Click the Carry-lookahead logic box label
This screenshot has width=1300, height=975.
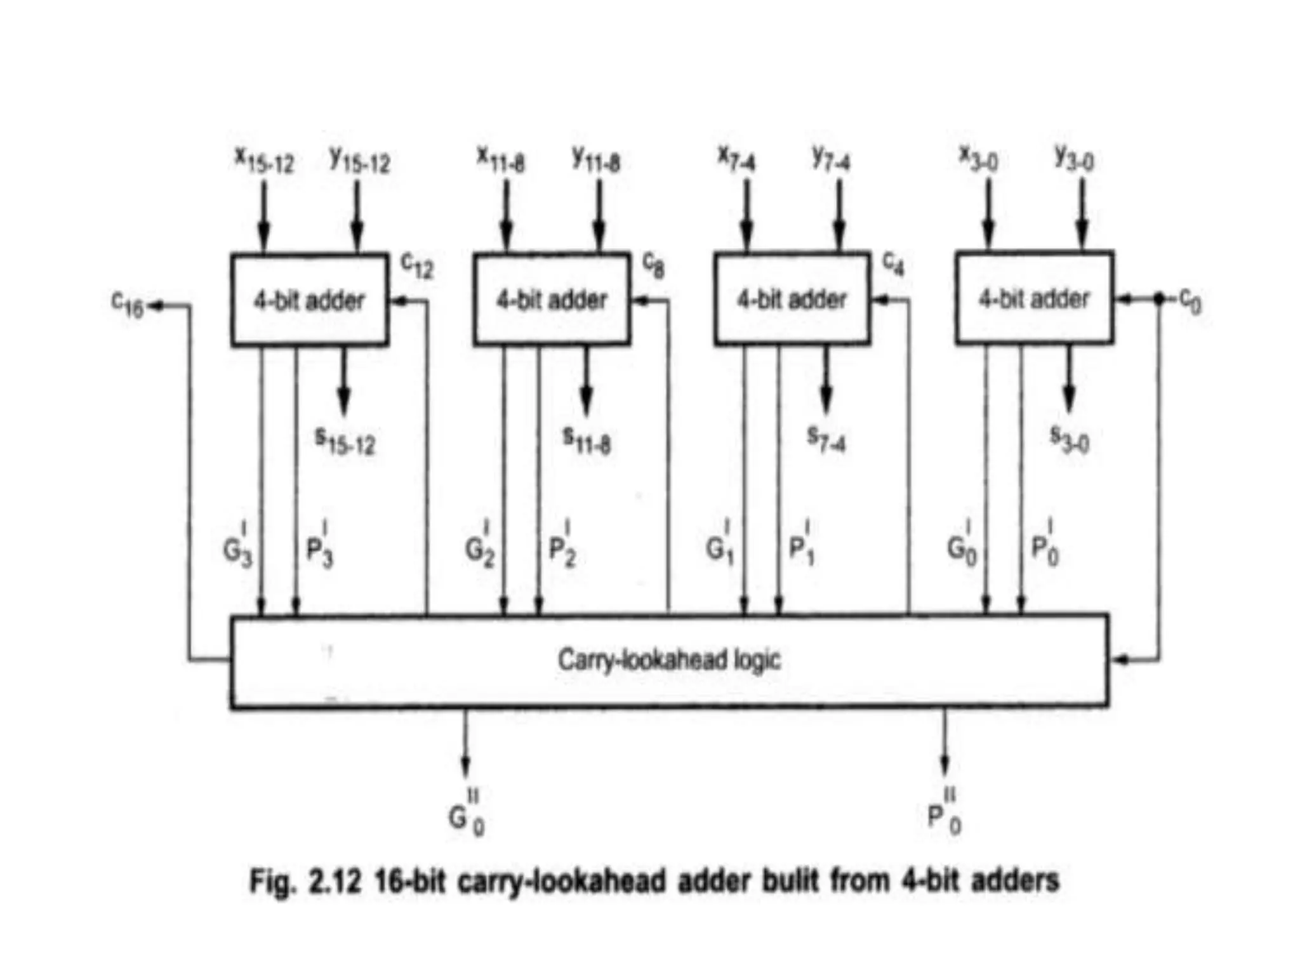[x=669, y=660]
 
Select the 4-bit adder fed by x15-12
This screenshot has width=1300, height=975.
[x=310, y=300]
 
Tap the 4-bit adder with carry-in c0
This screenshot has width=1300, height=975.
[x=1034, y=298]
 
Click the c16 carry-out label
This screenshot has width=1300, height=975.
[x=128, y=305]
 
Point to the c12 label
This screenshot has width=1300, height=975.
[x=417, y=265]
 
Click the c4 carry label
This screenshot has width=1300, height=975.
[x=894, y=263]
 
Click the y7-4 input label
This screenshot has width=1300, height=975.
[x=832, y=158]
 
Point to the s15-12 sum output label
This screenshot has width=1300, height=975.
[x=345, y=441]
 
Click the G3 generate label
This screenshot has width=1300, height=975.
[x=237, y=547]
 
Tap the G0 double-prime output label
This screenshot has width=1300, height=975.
[x=467, y=815]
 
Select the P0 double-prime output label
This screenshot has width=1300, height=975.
[x=945, y=815]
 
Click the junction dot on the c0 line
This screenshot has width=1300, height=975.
[x=1158, y=298]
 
